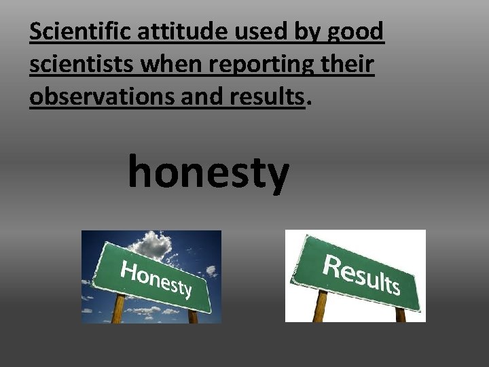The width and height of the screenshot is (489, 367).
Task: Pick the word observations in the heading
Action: [x=102, y=97]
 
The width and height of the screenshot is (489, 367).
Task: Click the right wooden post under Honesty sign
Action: [x=193, y=317]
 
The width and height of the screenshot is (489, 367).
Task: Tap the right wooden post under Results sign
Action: [x=400, y=315]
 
